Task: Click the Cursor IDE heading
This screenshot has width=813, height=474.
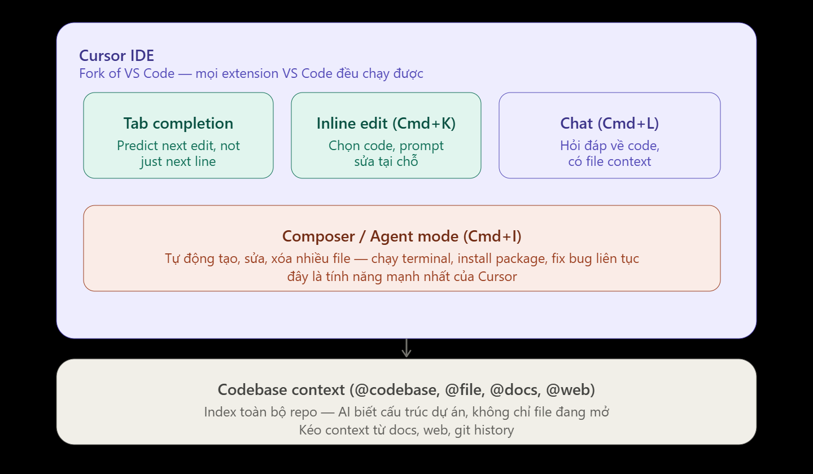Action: [x=116, y=55]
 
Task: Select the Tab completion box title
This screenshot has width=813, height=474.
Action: [x=178, y=124]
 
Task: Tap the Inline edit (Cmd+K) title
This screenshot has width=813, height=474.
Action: [x=386, y=124]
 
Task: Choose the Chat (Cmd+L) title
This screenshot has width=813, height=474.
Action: [x=609, y=124]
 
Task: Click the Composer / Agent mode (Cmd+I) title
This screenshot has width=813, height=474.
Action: [x=402, y=236]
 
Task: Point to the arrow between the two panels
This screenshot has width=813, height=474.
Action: [x=406, y=348]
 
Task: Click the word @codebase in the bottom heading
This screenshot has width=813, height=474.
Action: [x=397, y=390]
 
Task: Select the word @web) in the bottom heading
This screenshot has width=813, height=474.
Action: [x=571, y=390]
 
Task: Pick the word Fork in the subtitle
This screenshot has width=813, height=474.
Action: [x=92, y=73]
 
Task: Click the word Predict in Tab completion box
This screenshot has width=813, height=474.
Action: [x=138, y=146]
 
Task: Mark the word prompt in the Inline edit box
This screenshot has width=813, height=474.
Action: [x=421, y=146]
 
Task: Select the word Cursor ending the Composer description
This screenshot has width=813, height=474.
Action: [x=497, y=276]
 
